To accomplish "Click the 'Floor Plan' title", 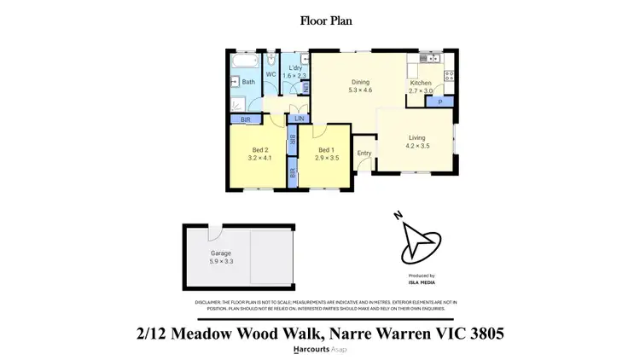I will coord(319,20).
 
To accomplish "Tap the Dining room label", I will coord(360,82).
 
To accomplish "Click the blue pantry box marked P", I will coord(439,102).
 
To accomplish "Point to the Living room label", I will coord(416,137).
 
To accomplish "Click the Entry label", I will coord(364,154).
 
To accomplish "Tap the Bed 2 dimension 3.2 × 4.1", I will coord(259,158).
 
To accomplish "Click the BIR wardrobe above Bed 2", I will coord(246,120).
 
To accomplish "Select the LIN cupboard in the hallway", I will coord(299,119).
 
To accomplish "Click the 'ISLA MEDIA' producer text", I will coord(422,282).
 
